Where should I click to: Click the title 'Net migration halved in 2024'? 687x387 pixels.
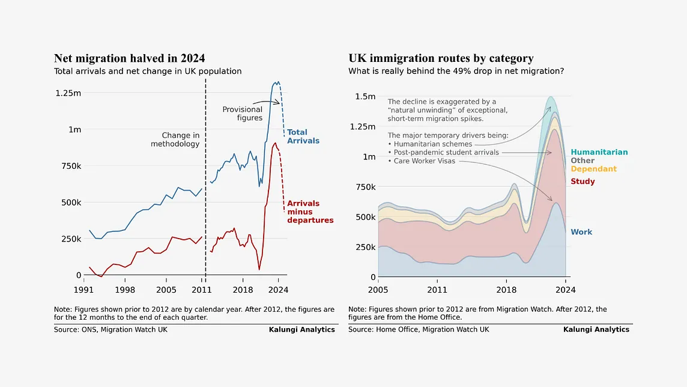coord(130,58)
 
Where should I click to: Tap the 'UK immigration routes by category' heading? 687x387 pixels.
coord(441,58)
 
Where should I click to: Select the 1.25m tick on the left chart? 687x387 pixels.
coord(68,93)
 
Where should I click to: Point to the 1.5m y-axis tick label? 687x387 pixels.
coord(366,97)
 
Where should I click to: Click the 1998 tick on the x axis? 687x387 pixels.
coord(125,290)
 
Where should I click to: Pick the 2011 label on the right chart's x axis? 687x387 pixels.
coord(437,290)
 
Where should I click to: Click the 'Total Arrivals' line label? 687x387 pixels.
coord(303,136)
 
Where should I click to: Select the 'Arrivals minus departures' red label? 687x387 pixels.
coord(310,212)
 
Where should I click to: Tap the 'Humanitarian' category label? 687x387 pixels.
coord(599,153)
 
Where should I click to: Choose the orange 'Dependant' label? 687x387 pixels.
coord(593,169)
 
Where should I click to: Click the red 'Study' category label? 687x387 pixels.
coord(583,181)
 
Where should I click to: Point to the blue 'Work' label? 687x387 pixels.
coord(581,232)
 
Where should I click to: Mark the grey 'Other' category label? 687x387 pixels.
coord(583,160)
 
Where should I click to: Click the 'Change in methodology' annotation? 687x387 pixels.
coord(175,140)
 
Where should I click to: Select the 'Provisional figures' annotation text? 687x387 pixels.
coord(243,114)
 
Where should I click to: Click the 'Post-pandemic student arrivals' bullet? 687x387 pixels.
coord(443,153)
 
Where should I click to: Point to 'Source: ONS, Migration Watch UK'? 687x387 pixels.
coord(110,330)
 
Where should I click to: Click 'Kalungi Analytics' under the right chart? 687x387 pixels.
coord(596,330)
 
